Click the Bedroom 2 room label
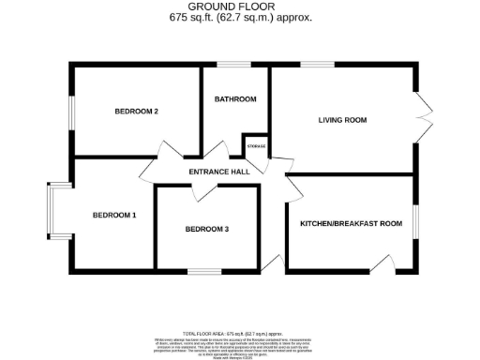click(136, 112)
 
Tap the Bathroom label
click(235, 99)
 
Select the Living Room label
click(342, 120)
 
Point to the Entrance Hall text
click(218, 172)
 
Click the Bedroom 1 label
click(114, 215)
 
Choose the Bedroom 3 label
click(206, 229)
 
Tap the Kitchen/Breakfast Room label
click(351, 223)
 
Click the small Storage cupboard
click(256, 147)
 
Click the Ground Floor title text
click(240, 7)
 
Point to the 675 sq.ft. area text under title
click(240, 18)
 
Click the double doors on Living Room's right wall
click(424, 117)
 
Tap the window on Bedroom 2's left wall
click(72, 112)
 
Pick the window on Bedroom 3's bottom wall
click(202, 271)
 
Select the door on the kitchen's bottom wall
click(382, 262)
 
